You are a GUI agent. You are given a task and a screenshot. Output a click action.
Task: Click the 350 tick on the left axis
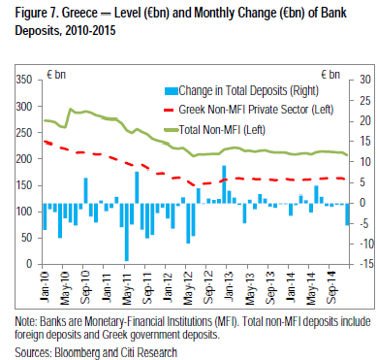pos(24,80)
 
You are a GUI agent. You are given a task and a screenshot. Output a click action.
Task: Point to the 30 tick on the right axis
pos(365,80)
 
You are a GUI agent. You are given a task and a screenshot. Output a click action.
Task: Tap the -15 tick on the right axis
pos(366,264)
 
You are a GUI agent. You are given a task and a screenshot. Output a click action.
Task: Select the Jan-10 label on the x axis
pos(45,287)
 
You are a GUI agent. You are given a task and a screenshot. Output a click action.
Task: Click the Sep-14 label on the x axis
pos(332,287)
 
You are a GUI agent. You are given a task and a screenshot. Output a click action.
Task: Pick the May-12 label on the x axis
pos(188,287)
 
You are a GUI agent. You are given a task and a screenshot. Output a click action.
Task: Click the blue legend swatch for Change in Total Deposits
pos(171,91)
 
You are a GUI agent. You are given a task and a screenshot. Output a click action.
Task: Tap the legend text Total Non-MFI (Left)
pos(222,130)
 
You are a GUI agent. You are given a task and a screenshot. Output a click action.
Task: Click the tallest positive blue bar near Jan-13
pos(224,184)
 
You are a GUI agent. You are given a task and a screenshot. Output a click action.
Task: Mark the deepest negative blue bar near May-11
pos(127,232)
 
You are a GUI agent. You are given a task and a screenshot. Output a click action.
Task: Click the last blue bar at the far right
pos(347,214)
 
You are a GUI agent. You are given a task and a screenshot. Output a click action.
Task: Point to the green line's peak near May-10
pos(71,109)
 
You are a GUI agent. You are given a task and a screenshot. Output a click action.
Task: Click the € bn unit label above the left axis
pos(56,75)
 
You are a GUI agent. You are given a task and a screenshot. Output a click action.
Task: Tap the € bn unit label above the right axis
pos(330,75)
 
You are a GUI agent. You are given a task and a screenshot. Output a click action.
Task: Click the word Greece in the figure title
pos(79,13)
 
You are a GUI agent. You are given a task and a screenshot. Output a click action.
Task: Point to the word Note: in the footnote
pos(26,322)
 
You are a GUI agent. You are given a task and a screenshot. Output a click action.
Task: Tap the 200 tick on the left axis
pos(24,159)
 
